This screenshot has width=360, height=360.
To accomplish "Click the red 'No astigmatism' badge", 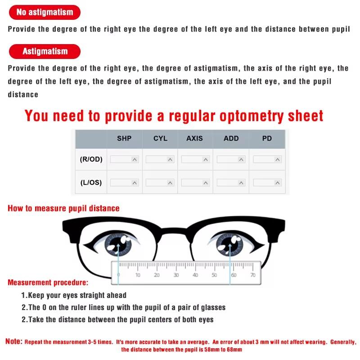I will (x=45, y=12).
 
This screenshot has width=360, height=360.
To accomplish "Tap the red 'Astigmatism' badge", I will (x=45, y=51).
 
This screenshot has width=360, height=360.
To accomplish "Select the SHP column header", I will (x=124, y=139).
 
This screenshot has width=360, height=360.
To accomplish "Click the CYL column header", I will (x=160, y=139).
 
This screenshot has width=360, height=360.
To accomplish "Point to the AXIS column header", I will (x=195, y=139).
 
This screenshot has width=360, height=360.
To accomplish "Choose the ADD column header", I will (x=231, y=139).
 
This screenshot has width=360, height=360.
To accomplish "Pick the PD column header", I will (x=267, y=139).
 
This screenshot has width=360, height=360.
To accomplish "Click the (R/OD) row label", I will (x=91, y=159).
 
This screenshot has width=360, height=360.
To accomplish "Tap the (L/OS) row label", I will (x=91, y=183).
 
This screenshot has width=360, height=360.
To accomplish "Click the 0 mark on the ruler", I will (x=118, y=274).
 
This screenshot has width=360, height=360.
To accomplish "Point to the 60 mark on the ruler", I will (x=233, y=274).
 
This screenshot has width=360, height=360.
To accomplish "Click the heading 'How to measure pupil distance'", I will (x=63, y=208).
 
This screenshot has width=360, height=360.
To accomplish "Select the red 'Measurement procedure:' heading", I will (x=48, y=283).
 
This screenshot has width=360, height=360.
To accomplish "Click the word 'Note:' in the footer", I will (x=13, y=342).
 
